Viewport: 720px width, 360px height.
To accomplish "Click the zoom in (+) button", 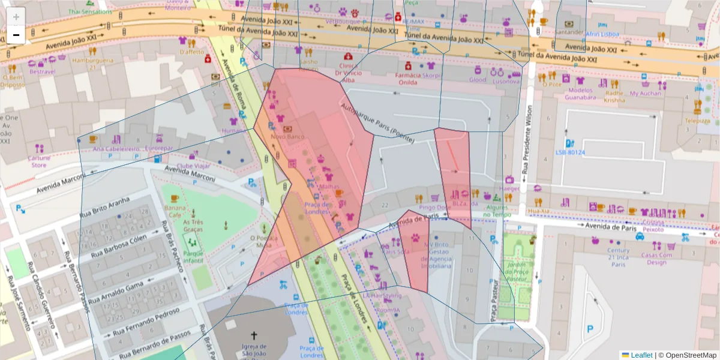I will coord(16,17).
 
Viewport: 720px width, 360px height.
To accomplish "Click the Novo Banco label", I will coord(288,137).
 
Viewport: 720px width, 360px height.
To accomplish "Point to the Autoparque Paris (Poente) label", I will coord(377,125).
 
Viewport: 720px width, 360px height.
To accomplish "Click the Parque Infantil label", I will coord(193,257).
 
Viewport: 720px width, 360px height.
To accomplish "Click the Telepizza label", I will coord(697,121).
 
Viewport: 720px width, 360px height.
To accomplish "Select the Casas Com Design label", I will coord(656,258).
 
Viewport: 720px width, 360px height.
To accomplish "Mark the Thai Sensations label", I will coord(90,11).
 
